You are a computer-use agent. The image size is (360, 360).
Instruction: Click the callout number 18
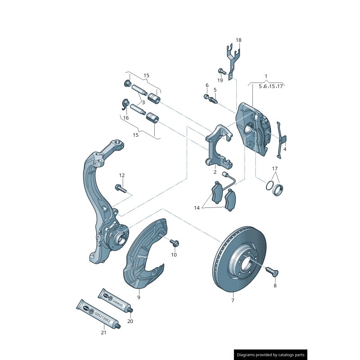point(238,40)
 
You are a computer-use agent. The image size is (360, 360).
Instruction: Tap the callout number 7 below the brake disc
point(233,300)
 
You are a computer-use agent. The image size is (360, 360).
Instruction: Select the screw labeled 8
point(272,271)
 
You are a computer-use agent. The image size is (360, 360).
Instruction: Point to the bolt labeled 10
point(175,243)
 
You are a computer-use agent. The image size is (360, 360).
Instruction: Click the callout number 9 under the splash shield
point(139,297)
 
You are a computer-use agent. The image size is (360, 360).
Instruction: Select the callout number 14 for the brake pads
point(197,208)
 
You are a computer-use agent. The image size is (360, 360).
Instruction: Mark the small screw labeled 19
point(221,71)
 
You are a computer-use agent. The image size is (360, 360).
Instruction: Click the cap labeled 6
point(207,96)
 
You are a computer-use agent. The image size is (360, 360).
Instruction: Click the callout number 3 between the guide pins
point(143,102)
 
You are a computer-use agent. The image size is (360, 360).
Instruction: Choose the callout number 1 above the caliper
point(266,76)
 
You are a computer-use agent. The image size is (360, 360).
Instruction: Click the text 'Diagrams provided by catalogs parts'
point(271,355)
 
